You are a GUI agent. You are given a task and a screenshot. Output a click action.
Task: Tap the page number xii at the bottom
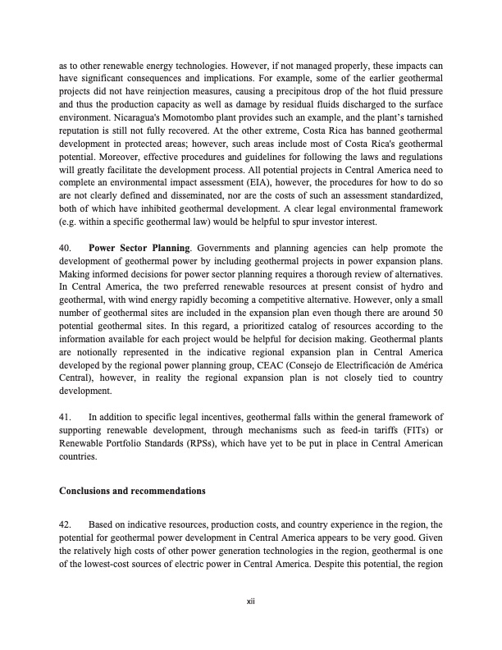coord(251,602)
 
